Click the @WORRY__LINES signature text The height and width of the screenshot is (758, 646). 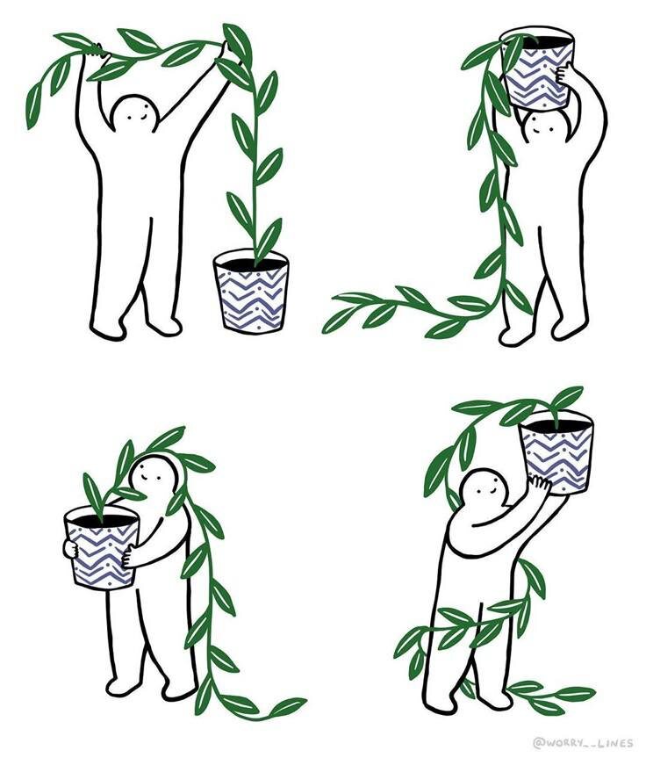[x=582, y=741]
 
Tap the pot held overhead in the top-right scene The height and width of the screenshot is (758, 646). [x=537, y=67]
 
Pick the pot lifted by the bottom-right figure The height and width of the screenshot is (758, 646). [x=557, y=453]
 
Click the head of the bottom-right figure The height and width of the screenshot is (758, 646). [x=484, y=489]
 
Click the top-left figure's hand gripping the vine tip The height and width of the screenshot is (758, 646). [x=98, y=51]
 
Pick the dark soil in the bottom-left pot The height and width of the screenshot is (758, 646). [x=102, y=521]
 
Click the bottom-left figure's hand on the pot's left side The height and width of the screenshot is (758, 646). [x=70, y=549]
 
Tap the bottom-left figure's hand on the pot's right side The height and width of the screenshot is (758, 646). [x=128, y=556]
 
